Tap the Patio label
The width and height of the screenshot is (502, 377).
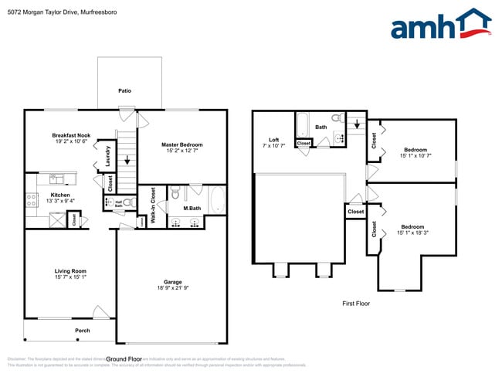(124, 90)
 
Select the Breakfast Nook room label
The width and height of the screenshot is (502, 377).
(71, 135)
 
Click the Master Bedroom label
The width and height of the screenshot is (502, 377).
(181, 144)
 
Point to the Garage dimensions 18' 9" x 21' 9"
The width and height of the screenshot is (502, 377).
(172, 288)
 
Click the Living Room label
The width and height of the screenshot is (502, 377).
(70, 270)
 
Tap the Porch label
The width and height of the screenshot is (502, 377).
(82, 331)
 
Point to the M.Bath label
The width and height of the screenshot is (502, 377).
(192, 208)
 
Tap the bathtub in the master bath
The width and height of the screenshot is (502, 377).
(218, 201)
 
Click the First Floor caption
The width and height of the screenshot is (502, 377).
(356, 304)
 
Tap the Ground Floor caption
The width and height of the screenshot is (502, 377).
(124, 359)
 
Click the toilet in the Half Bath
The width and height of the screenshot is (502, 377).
(128, 202)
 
